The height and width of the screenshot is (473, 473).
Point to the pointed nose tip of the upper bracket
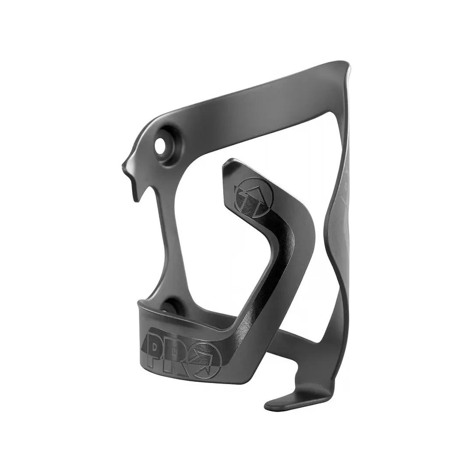pos(124,166)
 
